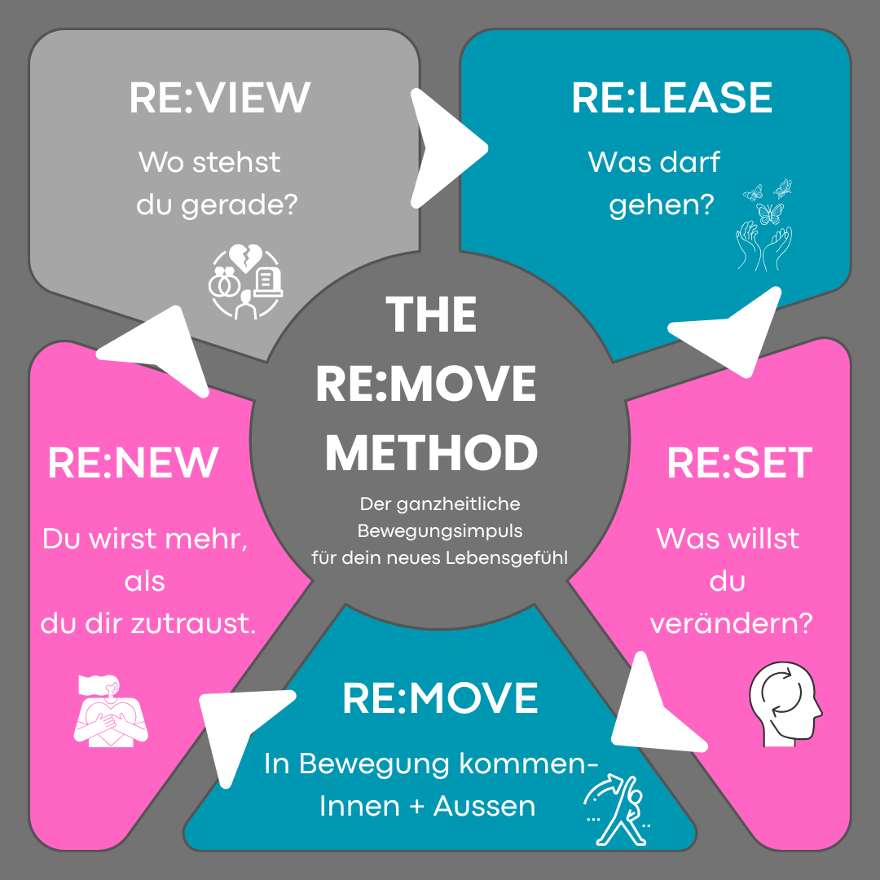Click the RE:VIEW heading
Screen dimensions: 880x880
(220, 97)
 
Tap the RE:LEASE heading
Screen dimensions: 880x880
(672, 97)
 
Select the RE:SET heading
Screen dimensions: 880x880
(739, 463)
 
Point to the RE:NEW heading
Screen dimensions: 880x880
(133, 463)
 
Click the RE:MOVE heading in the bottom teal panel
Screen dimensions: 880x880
(440, 697)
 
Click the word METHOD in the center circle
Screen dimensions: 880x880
(432, 453)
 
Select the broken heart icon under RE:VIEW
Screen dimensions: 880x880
(244, 284)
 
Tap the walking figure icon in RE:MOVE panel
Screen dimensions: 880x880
(617, 809)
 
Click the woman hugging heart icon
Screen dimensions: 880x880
(111, 711)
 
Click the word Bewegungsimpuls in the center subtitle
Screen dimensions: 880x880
(440, 531)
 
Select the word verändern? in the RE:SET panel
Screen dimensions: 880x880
(730, 623)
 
